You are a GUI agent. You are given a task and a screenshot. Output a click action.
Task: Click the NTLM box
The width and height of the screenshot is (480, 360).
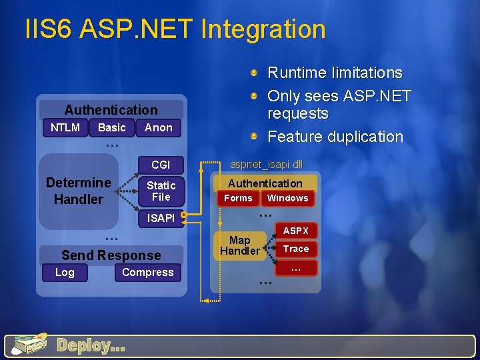coord(65,127)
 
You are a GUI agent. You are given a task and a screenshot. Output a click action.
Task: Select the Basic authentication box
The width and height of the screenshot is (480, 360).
coord(111,127)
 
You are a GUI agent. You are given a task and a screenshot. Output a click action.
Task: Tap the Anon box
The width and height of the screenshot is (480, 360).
coord(158,127)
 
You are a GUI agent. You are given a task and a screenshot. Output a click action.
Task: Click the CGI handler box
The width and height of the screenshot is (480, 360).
coord(160,165)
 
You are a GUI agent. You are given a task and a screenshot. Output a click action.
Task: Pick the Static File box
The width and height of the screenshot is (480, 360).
coord(160,191)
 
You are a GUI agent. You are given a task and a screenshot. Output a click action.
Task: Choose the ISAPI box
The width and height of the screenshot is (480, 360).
coord(160,218)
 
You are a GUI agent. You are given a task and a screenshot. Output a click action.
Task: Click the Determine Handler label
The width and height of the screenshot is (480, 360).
coord(78,191)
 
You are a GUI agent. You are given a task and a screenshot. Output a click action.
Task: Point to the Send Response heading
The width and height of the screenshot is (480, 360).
coord(111,255)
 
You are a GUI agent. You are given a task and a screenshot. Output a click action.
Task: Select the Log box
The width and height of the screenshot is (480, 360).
coord(65,272)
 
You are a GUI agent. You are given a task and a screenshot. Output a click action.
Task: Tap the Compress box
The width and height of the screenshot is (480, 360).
coord(147,272)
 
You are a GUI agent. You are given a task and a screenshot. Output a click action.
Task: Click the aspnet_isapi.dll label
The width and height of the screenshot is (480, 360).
coord(266,163)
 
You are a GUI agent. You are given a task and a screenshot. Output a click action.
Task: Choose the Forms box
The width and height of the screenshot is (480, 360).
coord(238,198)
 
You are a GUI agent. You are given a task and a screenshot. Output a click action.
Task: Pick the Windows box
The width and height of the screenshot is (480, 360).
coord(287,198)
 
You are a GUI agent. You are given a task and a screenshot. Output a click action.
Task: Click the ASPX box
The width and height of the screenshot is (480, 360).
coord(295,231)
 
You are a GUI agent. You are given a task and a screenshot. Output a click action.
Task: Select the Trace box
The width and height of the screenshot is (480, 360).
coord(295,249)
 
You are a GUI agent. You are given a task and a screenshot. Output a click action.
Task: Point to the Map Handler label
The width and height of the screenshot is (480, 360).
coord(239,245)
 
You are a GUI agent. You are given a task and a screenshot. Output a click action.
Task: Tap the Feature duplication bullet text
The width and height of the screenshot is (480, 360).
coord(335,137)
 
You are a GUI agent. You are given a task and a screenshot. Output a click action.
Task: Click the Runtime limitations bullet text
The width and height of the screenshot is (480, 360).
coord(335,73)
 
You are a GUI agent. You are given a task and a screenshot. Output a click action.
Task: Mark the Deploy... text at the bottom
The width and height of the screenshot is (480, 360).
coord(91,345)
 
